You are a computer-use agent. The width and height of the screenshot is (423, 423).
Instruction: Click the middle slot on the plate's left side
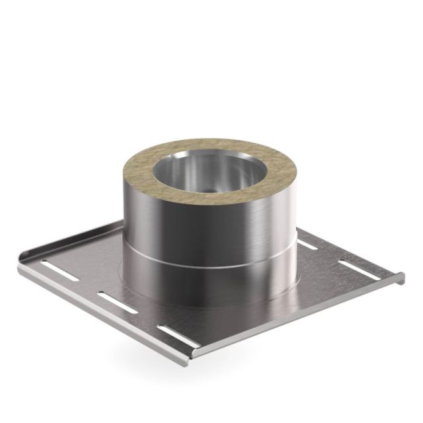click(118, 302)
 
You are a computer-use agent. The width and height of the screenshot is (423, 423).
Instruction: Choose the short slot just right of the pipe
click(307, 244)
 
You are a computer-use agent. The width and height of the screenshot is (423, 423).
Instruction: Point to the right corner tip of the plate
click(403, 278)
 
